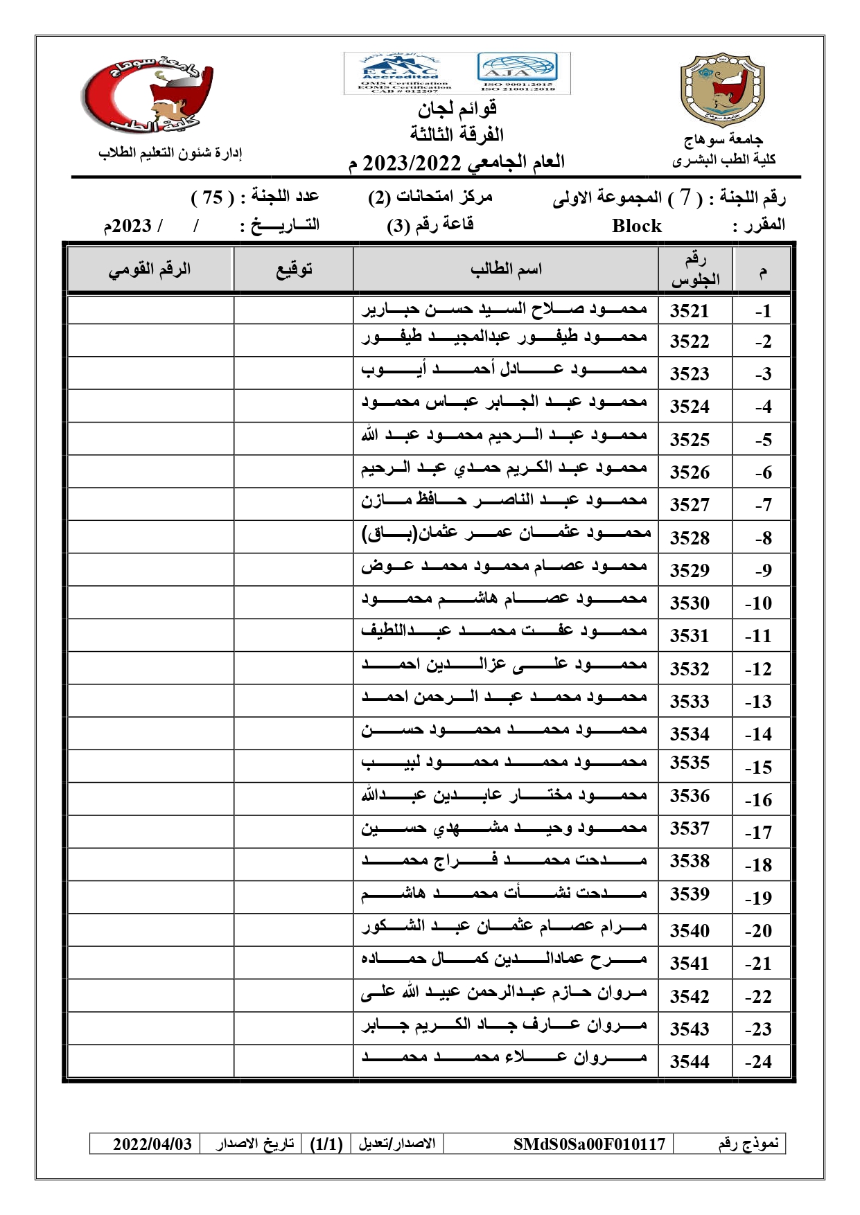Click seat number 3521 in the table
click(x=690, y=311)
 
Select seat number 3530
click(x=690, y=603)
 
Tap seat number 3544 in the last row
click(x=690, y=1062)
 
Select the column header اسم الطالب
click(x=506, y=269)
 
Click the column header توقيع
click(x=294, y=269)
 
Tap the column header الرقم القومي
click(x=150, y=269)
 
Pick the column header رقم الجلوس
click(x=695, y=269)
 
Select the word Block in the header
click(x=637, y=227)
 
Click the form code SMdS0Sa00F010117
click(x=589, y=1144)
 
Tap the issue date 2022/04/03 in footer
click(x=152, y=1144)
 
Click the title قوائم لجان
click(x=457, y=109)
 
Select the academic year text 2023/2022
click(x=412, y=163)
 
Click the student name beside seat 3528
click(x=506, y=533)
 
